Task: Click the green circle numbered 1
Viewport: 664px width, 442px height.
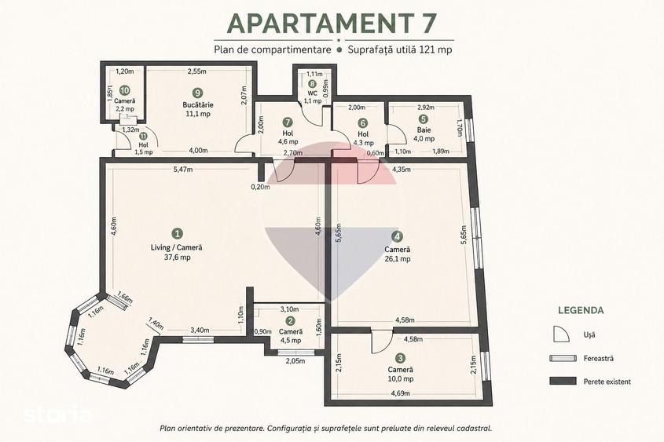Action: coord(178,233)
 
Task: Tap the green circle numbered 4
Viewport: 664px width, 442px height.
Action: coord(397,236)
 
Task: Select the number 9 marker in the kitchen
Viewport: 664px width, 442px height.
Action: coord(196,92)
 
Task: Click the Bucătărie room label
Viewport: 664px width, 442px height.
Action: coord(198,104)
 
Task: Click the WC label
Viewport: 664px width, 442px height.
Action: coord(313,93)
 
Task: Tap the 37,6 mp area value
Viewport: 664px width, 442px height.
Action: coord(177,258)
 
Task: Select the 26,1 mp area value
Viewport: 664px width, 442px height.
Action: coord(397,259)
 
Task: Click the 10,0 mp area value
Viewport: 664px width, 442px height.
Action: coord(401,379)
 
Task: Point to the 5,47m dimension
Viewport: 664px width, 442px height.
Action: coord(183,170)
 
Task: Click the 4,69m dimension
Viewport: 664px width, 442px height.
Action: coord(400,393)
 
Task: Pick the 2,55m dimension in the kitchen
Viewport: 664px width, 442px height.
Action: coord(197,71)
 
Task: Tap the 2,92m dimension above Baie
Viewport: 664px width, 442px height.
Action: coord(426,108)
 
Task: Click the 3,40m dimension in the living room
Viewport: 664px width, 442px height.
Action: coord(200,330)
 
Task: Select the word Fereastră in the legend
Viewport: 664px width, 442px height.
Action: coord(598,358)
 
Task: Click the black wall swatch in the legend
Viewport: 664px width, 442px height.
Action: coord(563,381)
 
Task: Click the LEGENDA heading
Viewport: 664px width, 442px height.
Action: coord(581,310)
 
